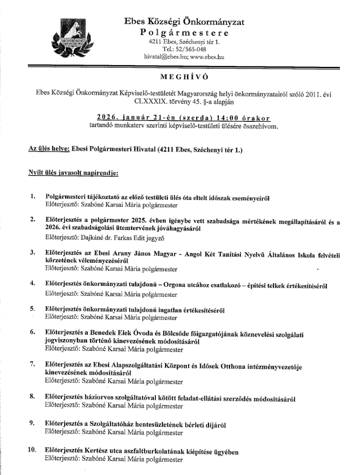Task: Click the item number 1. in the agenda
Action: pyautogui.click(x=32, y=196)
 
